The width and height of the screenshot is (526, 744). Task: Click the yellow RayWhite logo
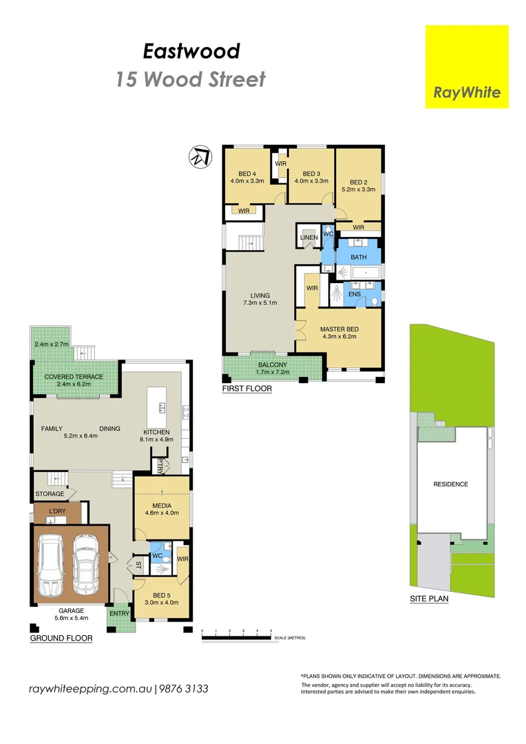tap(467, 67)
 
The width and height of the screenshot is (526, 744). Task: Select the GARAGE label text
tap(71, 610)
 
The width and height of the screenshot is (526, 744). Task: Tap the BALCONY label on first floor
tap(273, 365)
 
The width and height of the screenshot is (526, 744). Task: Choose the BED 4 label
tap(247, 174)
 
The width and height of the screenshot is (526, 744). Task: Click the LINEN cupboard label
tap(308, 238)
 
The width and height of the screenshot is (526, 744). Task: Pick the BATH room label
tap(359, 257)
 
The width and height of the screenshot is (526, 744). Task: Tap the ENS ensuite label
tap(355, 294)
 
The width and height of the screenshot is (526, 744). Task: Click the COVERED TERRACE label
tap(74, 377)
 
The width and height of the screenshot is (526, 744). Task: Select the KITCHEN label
tap(156, 432)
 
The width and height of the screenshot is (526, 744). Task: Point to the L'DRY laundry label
tap(57, 511)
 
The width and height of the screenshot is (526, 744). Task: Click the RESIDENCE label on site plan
tap(450, 484)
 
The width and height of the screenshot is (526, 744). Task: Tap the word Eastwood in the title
tap(191, 51)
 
